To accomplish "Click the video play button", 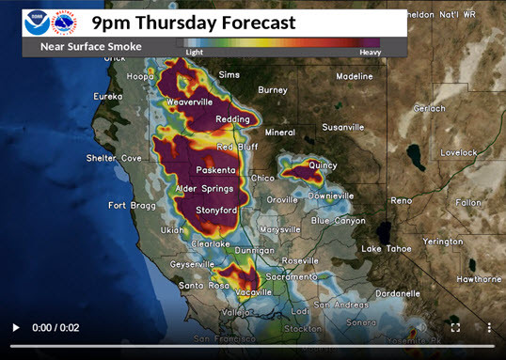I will coord(15,327).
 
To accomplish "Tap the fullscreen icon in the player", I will coord(455,327).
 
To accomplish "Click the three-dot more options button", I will coord(488,327).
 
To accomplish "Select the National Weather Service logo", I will coord(69,22).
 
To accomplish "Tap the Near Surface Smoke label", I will coord(91,46).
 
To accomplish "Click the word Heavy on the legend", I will coord(370,53).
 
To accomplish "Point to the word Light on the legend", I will coord(194,53).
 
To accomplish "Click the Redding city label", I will coord(231,119).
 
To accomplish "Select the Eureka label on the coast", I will coord(108,96).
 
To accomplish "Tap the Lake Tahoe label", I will coord(384,248).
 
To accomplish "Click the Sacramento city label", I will coord(291,277).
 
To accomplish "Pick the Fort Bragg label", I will coord(130,205).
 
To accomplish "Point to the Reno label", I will coord(401,200).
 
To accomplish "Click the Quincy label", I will coord(322,164).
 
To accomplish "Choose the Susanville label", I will coord(342,127).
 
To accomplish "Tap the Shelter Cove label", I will coord(114,158).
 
